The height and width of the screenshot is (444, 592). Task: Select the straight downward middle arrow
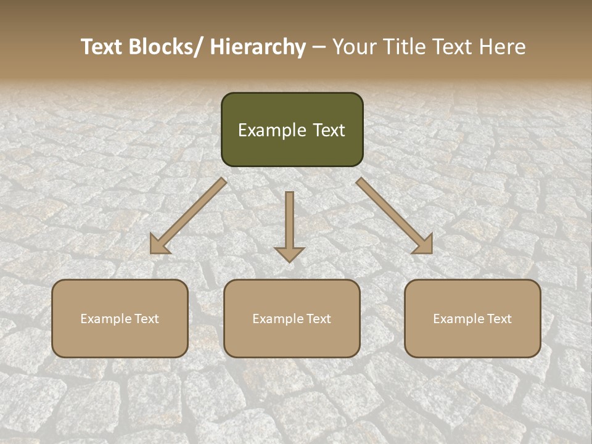click(289, 222)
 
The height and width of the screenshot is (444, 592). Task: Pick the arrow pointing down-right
click(395, 216)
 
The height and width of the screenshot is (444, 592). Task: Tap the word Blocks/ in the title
click(165, 47)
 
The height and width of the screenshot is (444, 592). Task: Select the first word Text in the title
click(102, 47)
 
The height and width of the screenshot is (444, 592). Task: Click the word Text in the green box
click(329, 131)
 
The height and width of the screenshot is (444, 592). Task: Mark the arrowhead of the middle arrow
click(289, 253)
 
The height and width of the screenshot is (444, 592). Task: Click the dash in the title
click(319, 47)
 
